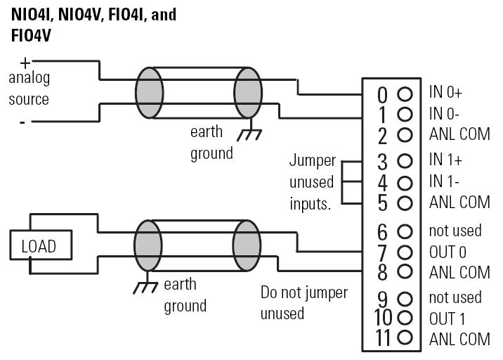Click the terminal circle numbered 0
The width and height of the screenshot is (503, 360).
(x=405, y=94)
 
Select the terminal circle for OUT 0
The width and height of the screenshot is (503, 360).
(x=405, y=252)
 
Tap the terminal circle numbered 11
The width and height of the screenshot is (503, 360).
(x=405, y=337)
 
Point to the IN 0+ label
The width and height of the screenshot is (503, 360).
(x=445, y=92)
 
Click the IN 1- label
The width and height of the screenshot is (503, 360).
(x=444, y=181)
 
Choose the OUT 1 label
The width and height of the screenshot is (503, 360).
(x=447, y=319)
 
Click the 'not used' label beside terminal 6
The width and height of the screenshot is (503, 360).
(x=455, y=231)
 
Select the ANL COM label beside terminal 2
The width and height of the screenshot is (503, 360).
(x=459, y=134)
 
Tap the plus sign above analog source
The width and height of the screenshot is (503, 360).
(x=25, y=63)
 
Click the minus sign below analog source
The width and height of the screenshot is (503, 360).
(x=22, y=122)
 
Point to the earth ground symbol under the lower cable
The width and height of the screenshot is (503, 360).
(x=145, y=285)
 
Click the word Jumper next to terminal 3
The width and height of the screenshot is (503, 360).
(x=313, y=160)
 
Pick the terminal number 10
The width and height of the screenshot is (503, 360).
(x=383, y=318)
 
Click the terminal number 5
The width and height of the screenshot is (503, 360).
(x=382, y=203)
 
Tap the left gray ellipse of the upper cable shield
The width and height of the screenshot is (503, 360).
(x=149, y=93)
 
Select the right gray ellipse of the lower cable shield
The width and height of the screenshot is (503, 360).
(x=247, y=245)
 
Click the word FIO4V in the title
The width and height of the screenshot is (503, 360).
(x=31, y=36)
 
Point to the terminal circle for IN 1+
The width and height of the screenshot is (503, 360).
(x=405, y=160)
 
